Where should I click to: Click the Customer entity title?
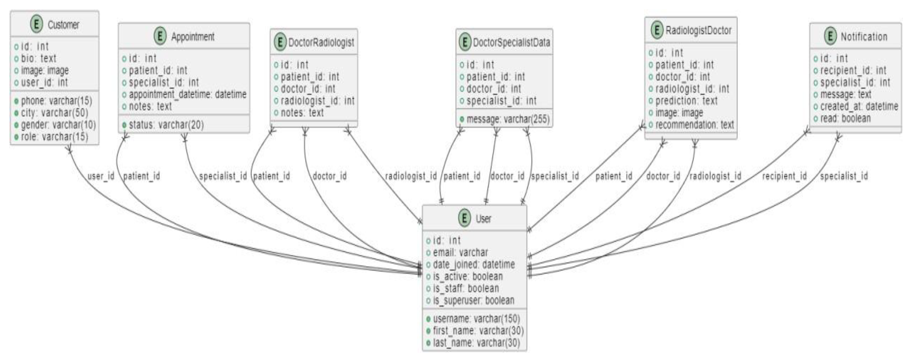[63, 25]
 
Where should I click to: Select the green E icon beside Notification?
[830, 36]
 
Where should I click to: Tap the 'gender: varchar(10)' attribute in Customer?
[58, 125]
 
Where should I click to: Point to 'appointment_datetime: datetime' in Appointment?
[187, 94]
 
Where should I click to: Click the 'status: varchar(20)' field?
[166, 125]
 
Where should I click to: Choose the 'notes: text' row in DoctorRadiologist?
[302, 113]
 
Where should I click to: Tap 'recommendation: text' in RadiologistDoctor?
[694, 125]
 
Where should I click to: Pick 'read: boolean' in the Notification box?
[845, 118]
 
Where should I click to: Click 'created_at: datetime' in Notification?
[859, 106]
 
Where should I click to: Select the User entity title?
[483, 219]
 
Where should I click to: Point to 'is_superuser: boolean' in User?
[473, 300]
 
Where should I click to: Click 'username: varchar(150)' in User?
[476, 319]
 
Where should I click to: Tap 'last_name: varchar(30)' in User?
[476, 343]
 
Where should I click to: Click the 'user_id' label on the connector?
[101, 176]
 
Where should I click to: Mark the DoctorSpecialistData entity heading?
[511, 42]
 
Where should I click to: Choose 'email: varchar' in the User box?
[460, 252]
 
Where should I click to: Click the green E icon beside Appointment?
[160, 36]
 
